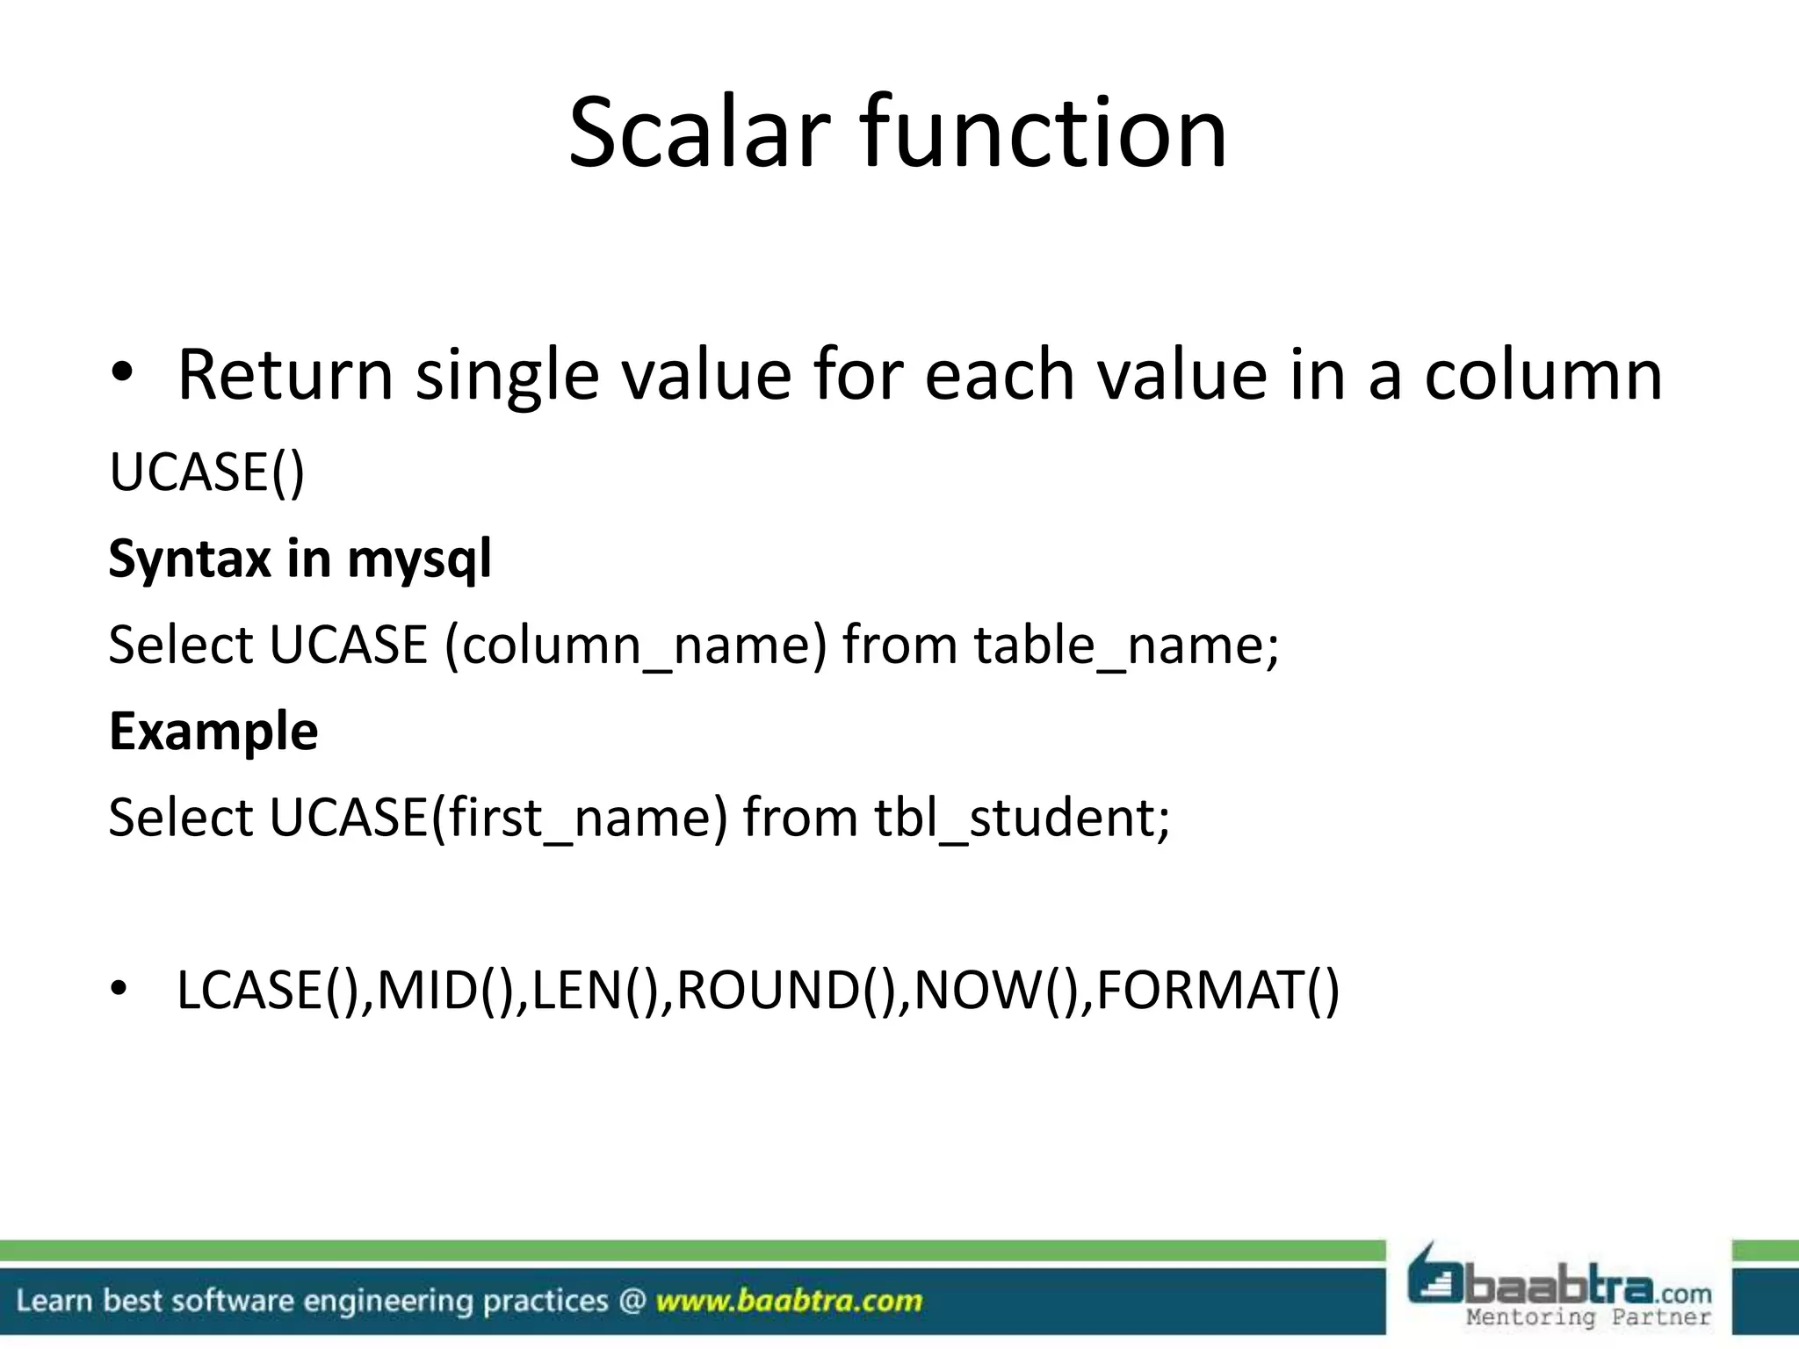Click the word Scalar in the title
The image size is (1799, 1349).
coord(698,133)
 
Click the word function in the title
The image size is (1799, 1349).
coord(1043,133)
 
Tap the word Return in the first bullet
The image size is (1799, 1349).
coord(285,375)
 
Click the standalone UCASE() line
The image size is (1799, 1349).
coord(207,473)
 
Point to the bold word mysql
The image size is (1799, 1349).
coord(419,559)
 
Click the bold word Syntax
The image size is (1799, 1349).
coord(190,559)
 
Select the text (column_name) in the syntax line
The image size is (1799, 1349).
coord(636,646)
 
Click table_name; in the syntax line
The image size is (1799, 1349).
coord(1126,646)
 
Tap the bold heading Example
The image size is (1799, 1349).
coord(213,731)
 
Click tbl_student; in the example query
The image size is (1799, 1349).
coord(1022,818)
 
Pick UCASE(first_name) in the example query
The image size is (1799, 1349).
coord(498,818)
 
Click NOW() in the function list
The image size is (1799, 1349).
coord(997,991)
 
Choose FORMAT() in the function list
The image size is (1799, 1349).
coord(1217,991)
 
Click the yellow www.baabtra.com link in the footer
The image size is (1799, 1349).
coord(789,1301)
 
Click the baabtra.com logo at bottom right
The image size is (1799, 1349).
coord(1560,1285)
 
